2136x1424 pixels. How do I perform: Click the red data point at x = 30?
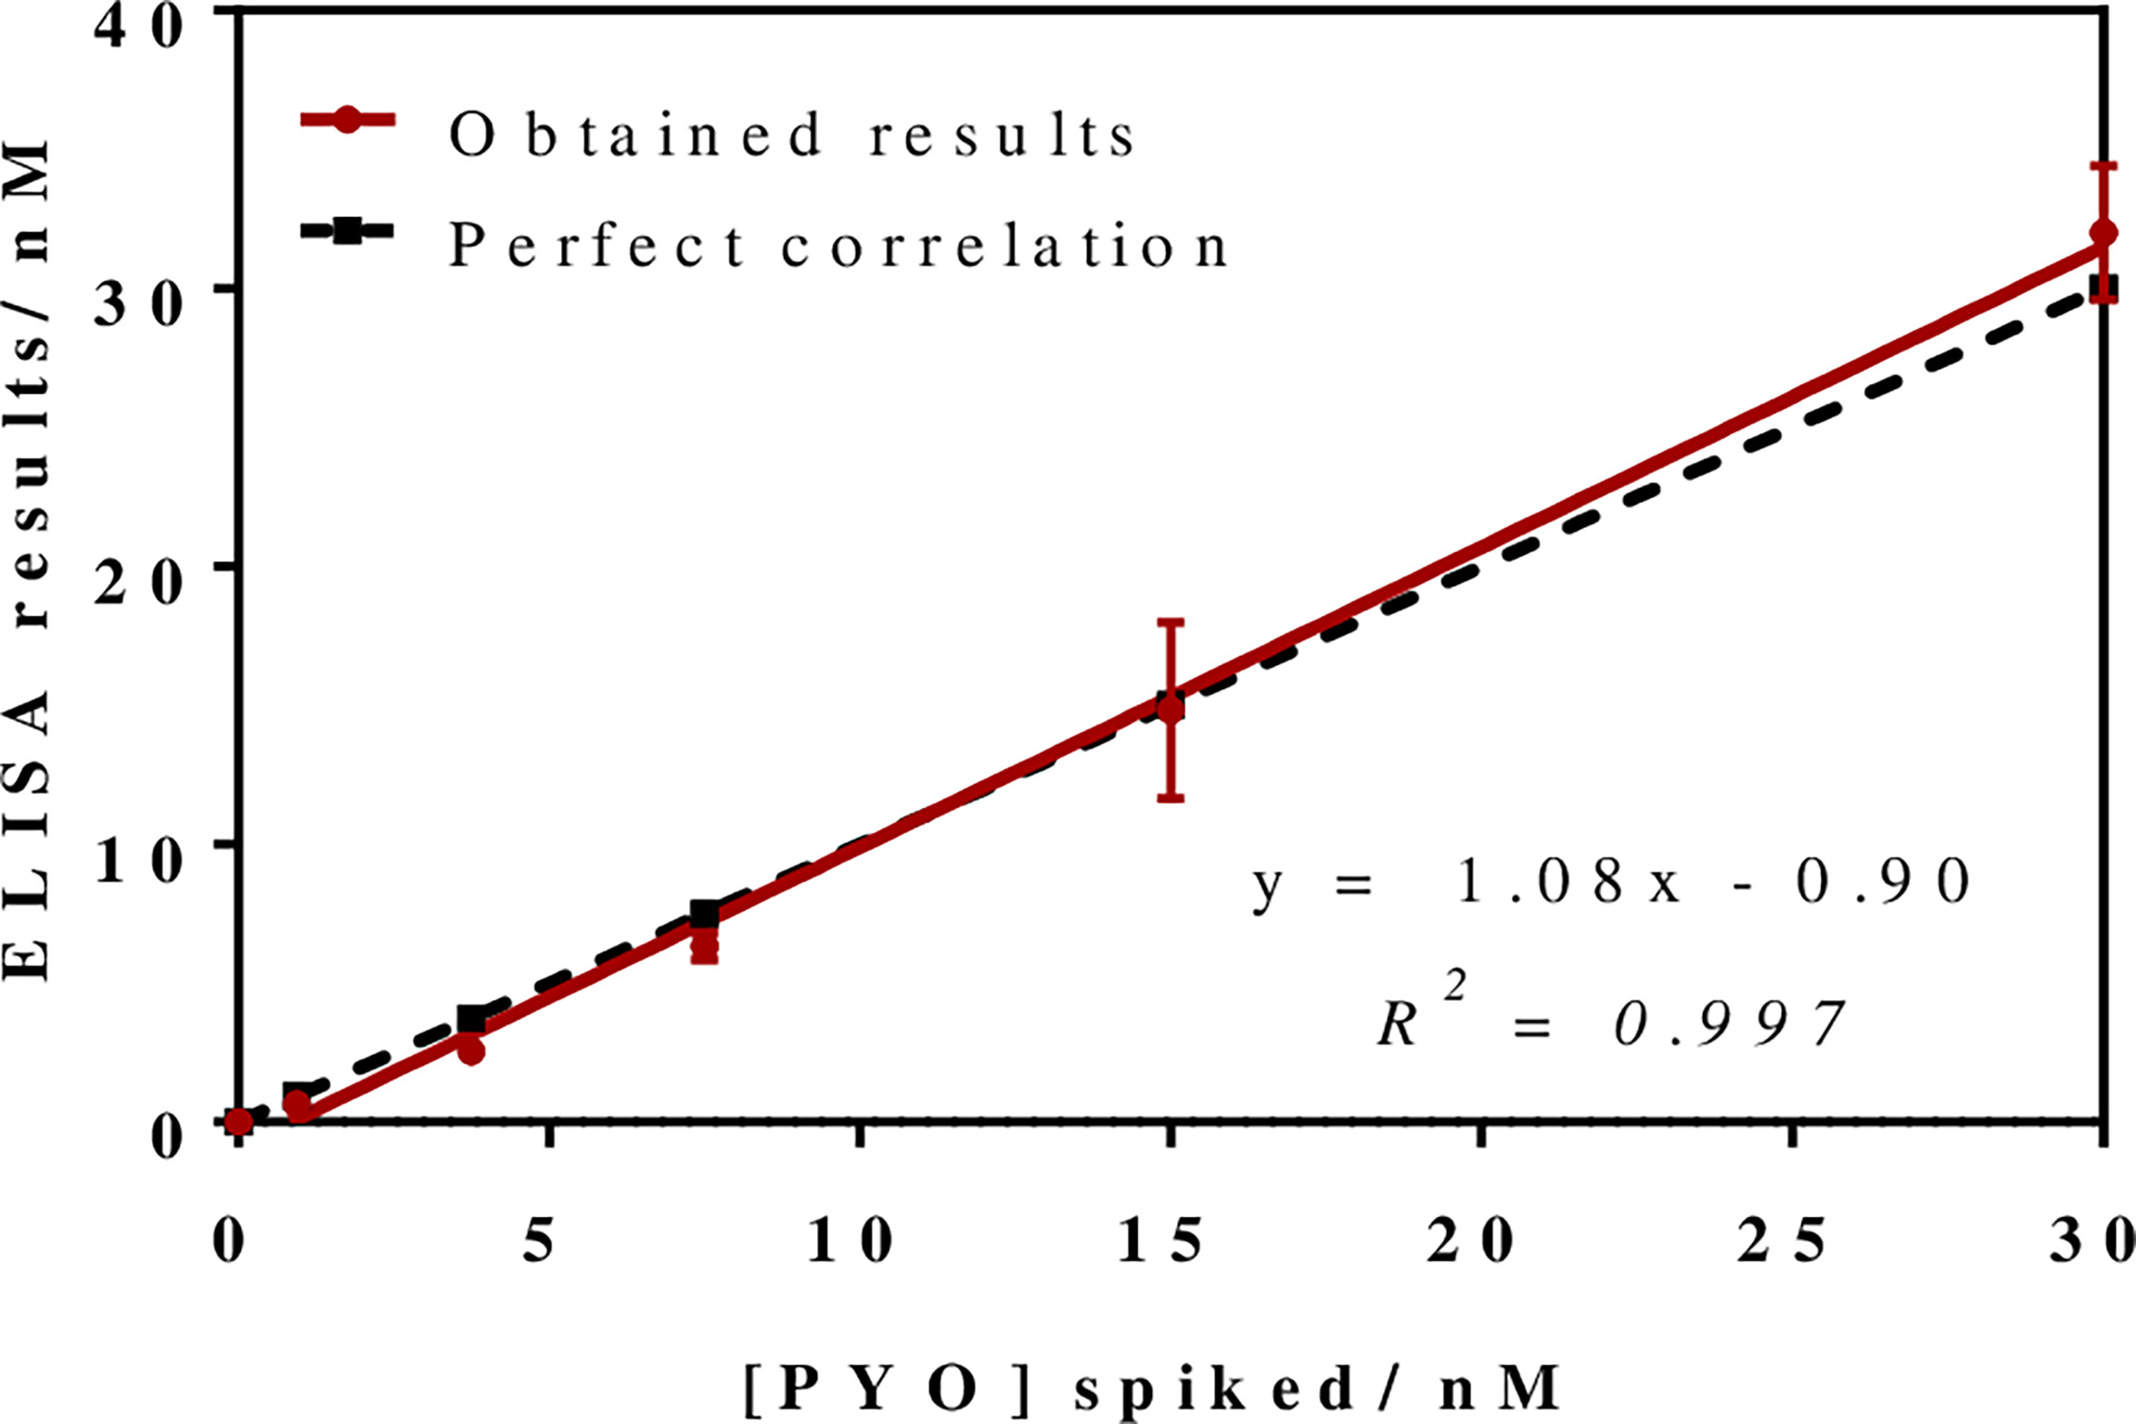[x=2104, y=233]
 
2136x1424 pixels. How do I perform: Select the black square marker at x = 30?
[x=2104, y=289]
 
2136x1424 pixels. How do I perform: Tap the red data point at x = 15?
[x=1171, y=710]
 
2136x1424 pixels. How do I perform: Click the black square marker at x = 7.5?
[x=705, y=914]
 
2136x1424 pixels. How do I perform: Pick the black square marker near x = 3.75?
[x=472, y=1020]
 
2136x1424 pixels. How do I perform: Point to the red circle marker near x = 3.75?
[x=472, y=1051]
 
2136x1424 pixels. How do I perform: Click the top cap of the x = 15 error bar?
[x=1171, y=622]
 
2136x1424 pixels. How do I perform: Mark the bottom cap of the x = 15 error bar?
[x=1171, y=799]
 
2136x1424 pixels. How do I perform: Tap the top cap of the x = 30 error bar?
[x=2104, y=165]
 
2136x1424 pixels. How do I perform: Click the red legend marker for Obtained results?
[x=347, y=121]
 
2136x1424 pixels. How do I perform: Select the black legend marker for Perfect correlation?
[x=347, y=231]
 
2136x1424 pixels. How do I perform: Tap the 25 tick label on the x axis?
[x=1782, y=1241]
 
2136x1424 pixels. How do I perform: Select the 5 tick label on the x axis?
[x=539, y=1241]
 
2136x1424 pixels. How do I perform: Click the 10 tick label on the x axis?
[x=850, y=1241]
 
